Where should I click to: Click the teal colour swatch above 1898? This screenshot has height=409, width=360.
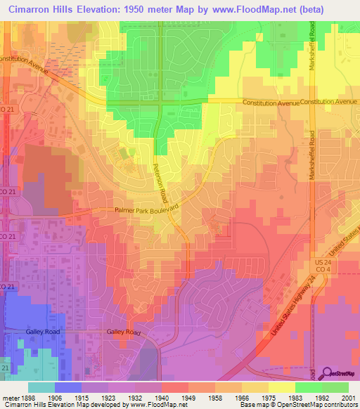41,387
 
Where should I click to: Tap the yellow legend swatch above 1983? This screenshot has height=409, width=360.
282,387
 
